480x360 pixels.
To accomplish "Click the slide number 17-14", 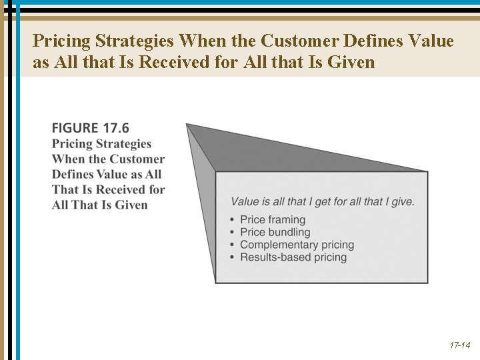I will point(460,345).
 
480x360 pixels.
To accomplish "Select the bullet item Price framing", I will point(272,219).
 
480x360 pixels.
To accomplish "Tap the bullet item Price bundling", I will point(275,232).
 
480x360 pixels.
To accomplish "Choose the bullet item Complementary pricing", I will point(297,245).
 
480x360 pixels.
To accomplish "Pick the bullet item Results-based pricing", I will point(293,257).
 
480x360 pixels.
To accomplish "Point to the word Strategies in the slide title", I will point(135,41).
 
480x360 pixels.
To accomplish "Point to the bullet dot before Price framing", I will point(231,220).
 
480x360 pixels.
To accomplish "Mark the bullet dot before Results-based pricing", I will point(231,258).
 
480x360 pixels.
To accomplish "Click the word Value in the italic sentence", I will point(245,201).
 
